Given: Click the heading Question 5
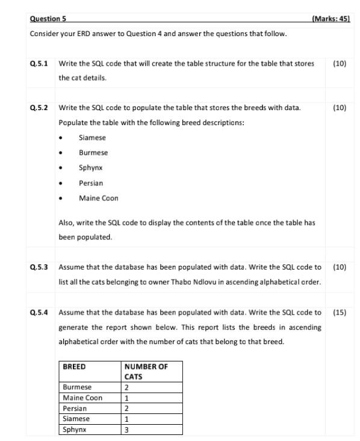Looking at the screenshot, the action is [x=48, y=19].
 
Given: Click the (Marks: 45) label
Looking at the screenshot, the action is [x=331, y=19].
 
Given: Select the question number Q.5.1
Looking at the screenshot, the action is [x=39, y=63].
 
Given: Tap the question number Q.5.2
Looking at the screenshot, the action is [x=39, y=108].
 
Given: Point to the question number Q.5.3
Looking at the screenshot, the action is [x=39, y=267].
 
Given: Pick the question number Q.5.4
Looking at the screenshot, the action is [x=39, y=312].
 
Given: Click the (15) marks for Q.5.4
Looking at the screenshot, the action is [x=340, y=312].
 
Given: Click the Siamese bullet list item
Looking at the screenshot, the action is [x=92, y=138].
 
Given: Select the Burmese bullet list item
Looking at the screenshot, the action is [x=93, y=153].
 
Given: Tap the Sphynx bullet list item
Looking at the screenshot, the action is [x=91, y=168].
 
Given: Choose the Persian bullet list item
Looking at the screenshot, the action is [x=91, y=183].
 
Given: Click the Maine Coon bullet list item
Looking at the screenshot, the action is [x=98, y=198].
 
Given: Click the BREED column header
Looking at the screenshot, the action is [x=75, y=366].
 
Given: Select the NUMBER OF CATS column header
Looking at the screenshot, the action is [x=146, y=371].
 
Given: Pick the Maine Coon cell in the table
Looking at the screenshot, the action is [x=82, y=398].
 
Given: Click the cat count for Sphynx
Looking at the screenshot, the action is [x=126, y=430].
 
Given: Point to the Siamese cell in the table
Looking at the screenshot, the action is [x=76, y=419].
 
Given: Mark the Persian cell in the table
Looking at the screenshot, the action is [x=75, y=409].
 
